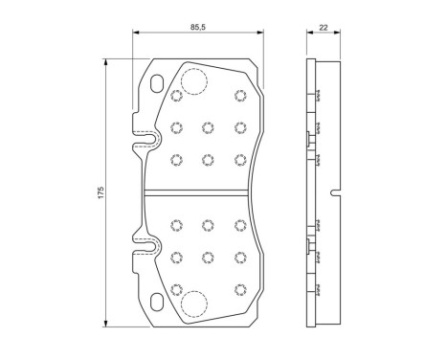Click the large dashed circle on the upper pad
195,82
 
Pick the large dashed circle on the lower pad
195,303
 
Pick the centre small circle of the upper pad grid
207,126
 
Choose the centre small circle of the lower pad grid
207,256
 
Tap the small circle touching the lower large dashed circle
175,288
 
